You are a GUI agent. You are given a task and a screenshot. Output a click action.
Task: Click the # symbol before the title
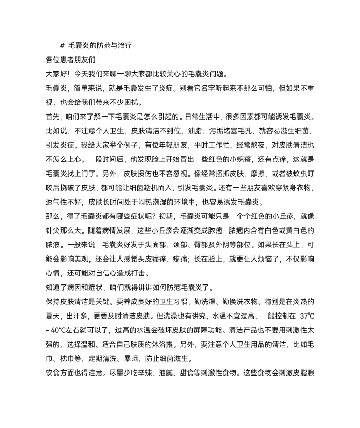tap(62, 45)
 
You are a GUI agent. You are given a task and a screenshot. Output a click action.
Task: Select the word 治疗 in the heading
tap(125, 45)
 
